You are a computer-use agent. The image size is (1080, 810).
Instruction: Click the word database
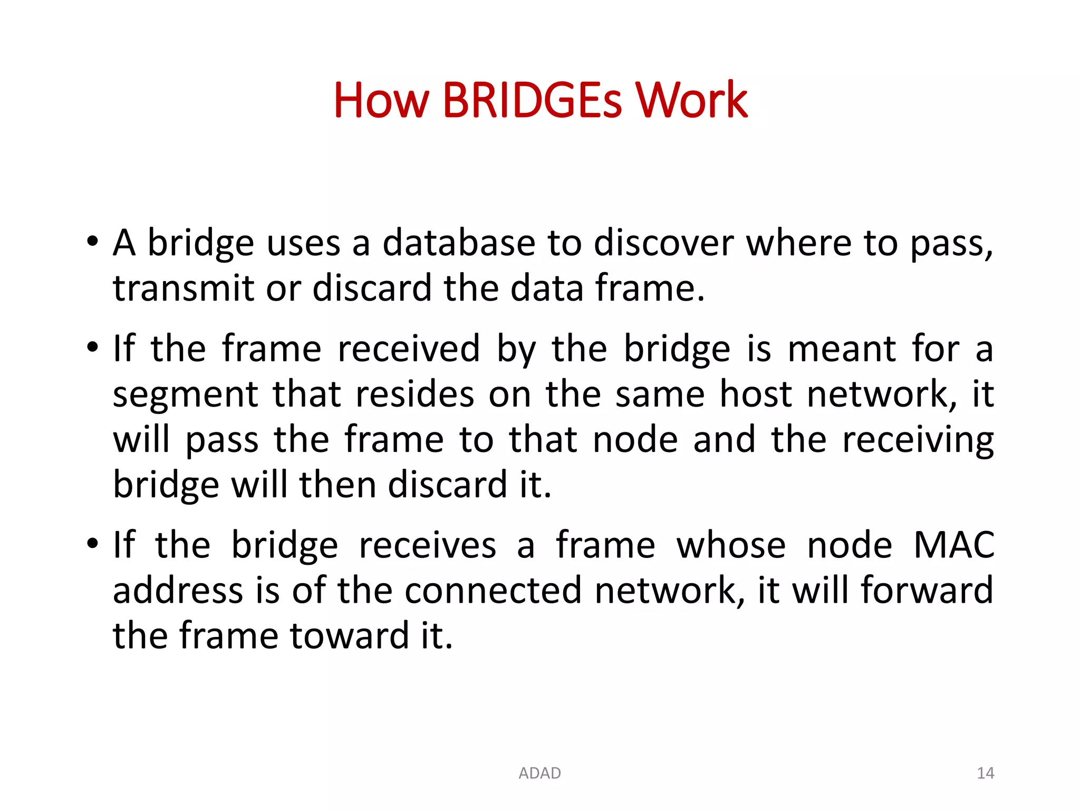(459, 243)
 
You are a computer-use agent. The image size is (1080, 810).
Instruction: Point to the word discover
(663, 243)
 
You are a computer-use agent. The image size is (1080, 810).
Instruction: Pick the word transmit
(184, 288)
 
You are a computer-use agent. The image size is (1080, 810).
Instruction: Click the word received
(409, 349)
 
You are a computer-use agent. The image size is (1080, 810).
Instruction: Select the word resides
(415, 394)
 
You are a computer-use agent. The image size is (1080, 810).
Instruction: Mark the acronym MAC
(954, 545)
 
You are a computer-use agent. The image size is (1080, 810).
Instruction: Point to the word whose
(731, 545)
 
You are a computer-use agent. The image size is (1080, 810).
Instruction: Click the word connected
(493, 590)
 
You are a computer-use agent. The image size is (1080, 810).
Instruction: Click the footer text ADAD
(539, 773)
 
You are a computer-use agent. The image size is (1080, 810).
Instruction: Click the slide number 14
(985, 773)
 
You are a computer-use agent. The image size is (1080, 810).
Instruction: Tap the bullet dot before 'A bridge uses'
(93, 242)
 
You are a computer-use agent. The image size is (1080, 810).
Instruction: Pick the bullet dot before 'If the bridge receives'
(93, 544)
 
